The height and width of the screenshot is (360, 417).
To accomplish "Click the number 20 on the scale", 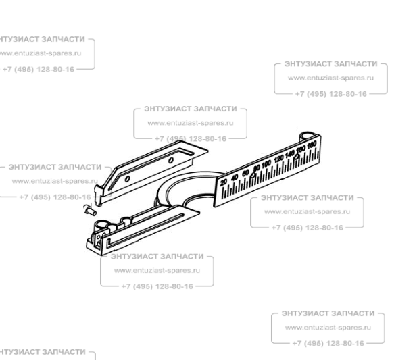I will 224,182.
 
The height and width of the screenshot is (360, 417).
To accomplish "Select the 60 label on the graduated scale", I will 245,173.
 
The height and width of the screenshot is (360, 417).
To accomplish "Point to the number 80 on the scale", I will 256,168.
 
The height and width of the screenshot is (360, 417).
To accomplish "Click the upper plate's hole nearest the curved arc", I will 172,158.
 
